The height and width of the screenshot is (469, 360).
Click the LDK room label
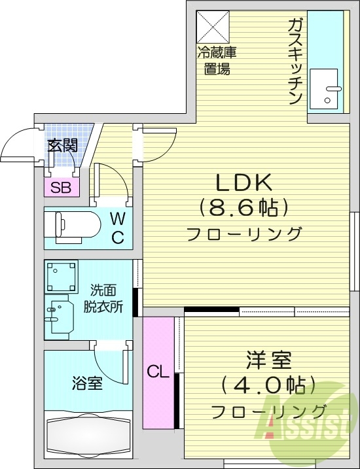[243, 182]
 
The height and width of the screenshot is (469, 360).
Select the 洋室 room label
[268, 360]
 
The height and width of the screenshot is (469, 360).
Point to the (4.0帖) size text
[268, 385]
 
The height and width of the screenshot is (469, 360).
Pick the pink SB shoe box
[61, 188]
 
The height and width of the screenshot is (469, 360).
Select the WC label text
[117, 228]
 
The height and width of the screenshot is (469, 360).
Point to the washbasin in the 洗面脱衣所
[59, 313]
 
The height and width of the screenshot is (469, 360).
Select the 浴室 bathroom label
[86, 383]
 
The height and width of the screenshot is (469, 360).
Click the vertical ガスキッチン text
[294, 62]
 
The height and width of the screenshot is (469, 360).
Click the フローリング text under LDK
[243, 234]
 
